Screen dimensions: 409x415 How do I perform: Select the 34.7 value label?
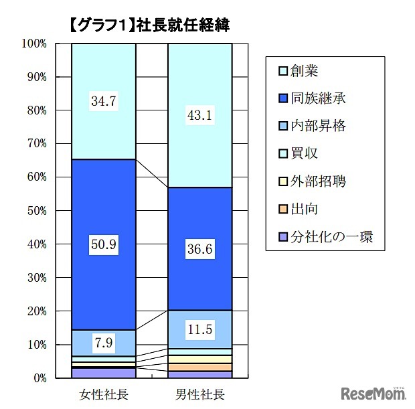[x=104, y=102]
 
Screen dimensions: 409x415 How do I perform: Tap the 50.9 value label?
[x=104, y=245]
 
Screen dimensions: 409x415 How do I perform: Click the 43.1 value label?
[x=200, y=116]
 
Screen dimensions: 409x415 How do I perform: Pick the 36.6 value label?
[x=200, y=249]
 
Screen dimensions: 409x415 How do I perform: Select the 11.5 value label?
[x=200, y=330]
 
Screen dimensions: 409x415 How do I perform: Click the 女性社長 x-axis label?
[x=104, y=393]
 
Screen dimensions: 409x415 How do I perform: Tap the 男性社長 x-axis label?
[x=200, y=393]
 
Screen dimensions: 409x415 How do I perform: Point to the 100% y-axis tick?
[x=34, y=44]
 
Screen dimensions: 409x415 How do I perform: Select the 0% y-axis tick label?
[x=39, y=378]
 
